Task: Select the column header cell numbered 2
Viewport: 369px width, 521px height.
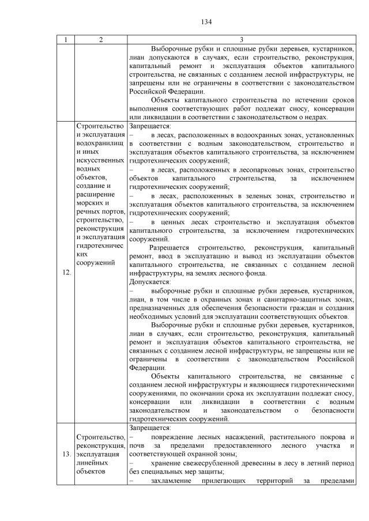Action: coord(101,39)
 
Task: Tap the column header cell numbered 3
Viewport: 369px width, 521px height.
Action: coord(242,39)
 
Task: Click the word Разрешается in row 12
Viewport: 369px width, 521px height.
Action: coord(170,248)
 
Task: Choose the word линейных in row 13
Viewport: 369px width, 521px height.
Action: coord(92,463)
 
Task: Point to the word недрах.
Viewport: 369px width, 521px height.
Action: coord(315,118)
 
